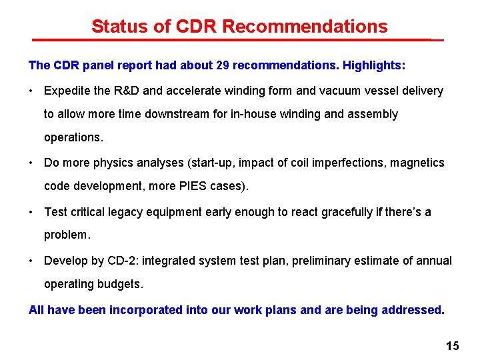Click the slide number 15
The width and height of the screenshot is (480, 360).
click(x=453, y=346)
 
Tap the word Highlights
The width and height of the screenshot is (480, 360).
click(x=372, y=66)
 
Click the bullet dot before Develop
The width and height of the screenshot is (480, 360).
click(x=32, y=261)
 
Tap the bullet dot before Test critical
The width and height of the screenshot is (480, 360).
click(x=32, y=212)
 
